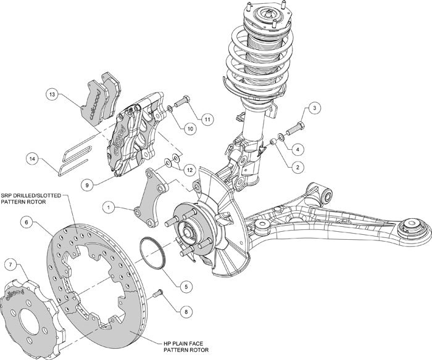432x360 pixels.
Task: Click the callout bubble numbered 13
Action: click(52, 94)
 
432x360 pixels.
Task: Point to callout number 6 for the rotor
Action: click(27, 221)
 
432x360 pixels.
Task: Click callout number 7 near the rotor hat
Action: click(10, 264)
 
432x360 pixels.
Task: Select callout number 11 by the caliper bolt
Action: click(207, 118)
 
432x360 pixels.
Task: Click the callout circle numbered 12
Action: click(190, 169)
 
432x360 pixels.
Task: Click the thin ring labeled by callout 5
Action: click(152, 253)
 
